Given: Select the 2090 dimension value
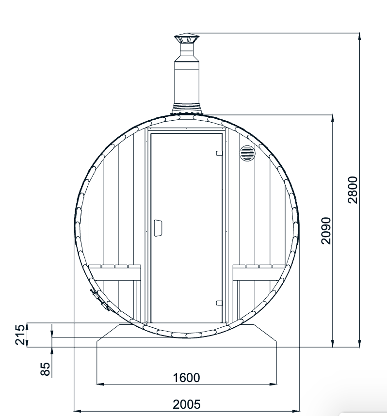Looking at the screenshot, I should [325, 230].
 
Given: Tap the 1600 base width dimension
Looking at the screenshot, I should [187, 377].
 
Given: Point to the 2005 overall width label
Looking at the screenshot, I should [187, 404].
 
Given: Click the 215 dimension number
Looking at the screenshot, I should [20, 335].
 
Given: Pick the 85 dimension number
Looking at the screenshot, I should [45, 368].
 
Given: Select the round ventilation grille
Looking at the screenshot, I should [247, 153].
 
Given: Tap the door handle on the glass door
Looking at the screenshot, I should [159, 227].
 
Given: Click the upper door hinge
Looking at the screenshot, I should [219, 153].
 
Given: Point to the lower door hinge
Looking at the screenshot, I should [219, 303].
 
